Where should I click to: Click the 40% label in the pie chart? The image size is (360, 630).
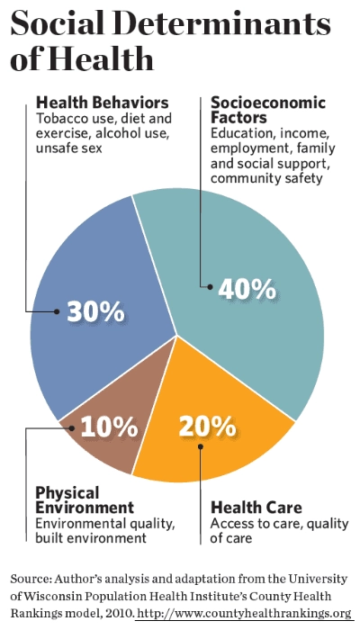pos(247,288)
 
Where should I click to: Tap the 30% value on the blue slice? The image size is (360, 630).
pos(95,311)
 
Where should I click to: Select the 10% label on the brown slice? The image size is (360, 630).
pos(109,427)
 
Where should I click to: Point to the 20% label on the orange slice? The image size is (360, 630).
pos(207,426)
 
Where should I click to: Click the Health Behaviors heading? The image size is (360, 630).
pos(102,103)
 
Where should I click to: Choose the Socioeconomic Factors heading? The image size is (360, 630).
pos(268,110)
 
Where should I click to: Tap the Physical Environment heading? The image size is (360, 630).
pos(85,500)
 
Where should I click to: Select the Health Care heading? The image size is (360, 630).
pos(256,508)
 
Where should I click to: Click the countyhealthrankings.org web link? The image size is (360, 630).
pos(244,614)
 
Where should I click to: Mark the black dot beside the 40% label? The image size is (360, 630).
pos(210,287)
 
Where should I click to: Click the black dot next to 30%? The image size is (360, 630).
pos(57,311)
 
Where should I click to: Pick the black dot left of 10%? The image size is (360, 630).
pos(71,428)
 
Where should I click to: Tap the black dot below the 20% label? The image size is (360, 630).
pos(201,446)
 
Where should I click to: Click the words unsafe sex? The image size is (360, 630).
pos(68,148)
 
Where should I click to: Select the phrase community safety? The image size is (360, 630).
pos(266,177)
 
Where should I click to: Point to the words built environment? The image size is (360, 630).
pos(91,537)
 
